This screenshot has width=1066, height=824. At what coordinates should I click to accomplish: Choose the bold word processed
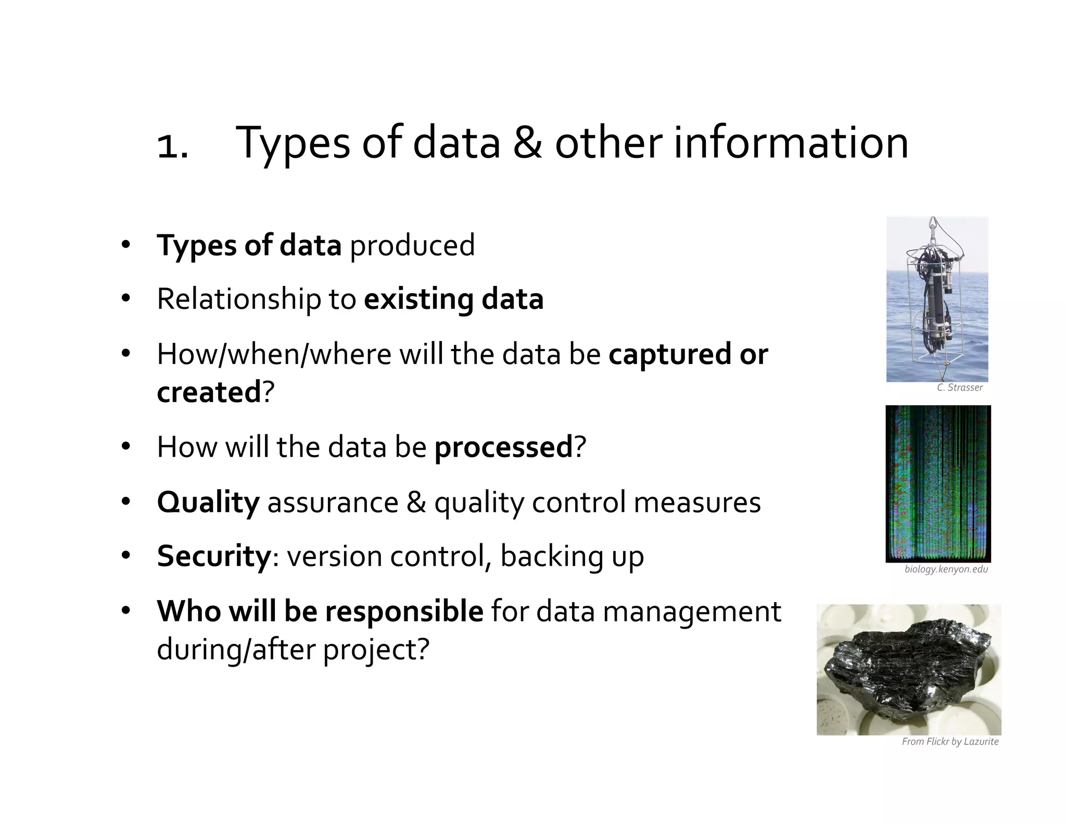point(503,447)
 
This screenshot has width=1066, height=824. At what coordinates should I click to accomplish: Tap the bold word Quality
point(208,503)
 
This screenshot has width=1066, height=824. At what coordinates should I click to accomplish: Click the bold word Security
point(214,556)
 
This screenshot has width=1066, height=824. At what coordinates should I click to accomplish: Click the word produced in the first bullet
point(412,245)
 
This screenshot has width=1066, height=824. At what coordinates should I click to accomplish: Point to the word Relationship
point(238,299)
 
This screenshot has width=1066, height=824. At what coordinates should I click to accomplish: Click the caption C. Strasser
point(959,388)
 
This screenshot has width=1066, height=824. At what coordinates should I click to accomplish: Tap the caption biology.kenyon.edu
point(946,569)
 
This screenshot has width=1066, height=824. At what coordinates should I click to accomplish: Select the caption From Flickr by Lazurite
point(950,742)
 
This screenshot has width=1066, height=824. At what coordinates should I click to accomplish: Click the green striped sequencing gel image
point(938,483)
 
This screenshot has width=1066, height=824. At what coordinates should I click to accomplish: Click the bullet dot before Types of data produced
point(125,245)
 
